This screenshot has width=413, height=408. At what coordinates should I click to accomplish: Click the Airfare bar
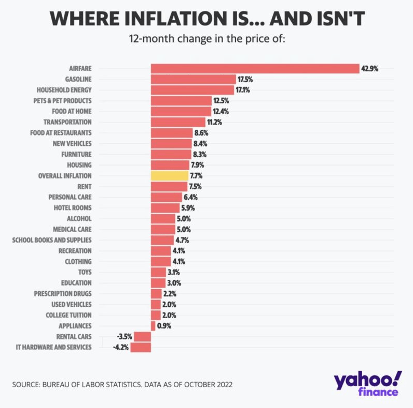(255, 69)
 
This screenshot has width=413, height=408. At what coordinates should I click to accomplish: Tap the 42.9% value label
(370, 69)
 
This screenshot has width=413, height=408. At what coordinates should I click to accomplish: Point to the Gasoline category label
(78, 79)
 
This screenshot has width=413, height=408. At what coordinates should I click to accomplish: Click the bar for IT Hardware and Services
(141, 347)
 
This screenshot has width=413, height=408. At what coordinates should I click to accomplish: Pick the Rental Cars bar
(142, 336)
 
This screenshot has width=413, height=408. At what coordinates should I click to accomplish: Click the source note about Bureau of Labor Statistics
(122, 385)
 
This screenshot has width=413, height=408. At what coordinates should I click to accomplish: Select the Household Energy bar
(192, 90)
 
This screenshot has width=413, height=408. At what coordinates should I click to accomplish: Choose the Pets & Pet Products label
(61, 101)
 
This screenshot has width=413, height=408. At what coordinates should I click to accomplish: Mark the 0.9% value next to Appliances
(164, 326)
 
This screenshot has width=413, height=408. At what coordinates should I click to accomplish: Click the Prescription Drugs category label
(63, 294)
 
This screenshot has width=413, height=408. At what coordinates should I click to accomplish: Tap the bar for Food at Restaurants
(172, 133)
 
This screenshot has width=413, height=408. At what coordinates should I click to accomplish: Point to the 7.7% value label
(196, 175)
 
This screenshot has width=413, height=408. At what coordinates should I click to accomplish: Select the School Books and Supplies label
(52, 240)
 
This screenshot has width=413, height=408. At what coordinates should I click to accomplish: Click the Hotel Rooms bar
(165, 208)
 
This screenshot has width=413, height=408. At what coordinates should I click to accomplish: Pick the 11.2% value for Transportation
(216, 122)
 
